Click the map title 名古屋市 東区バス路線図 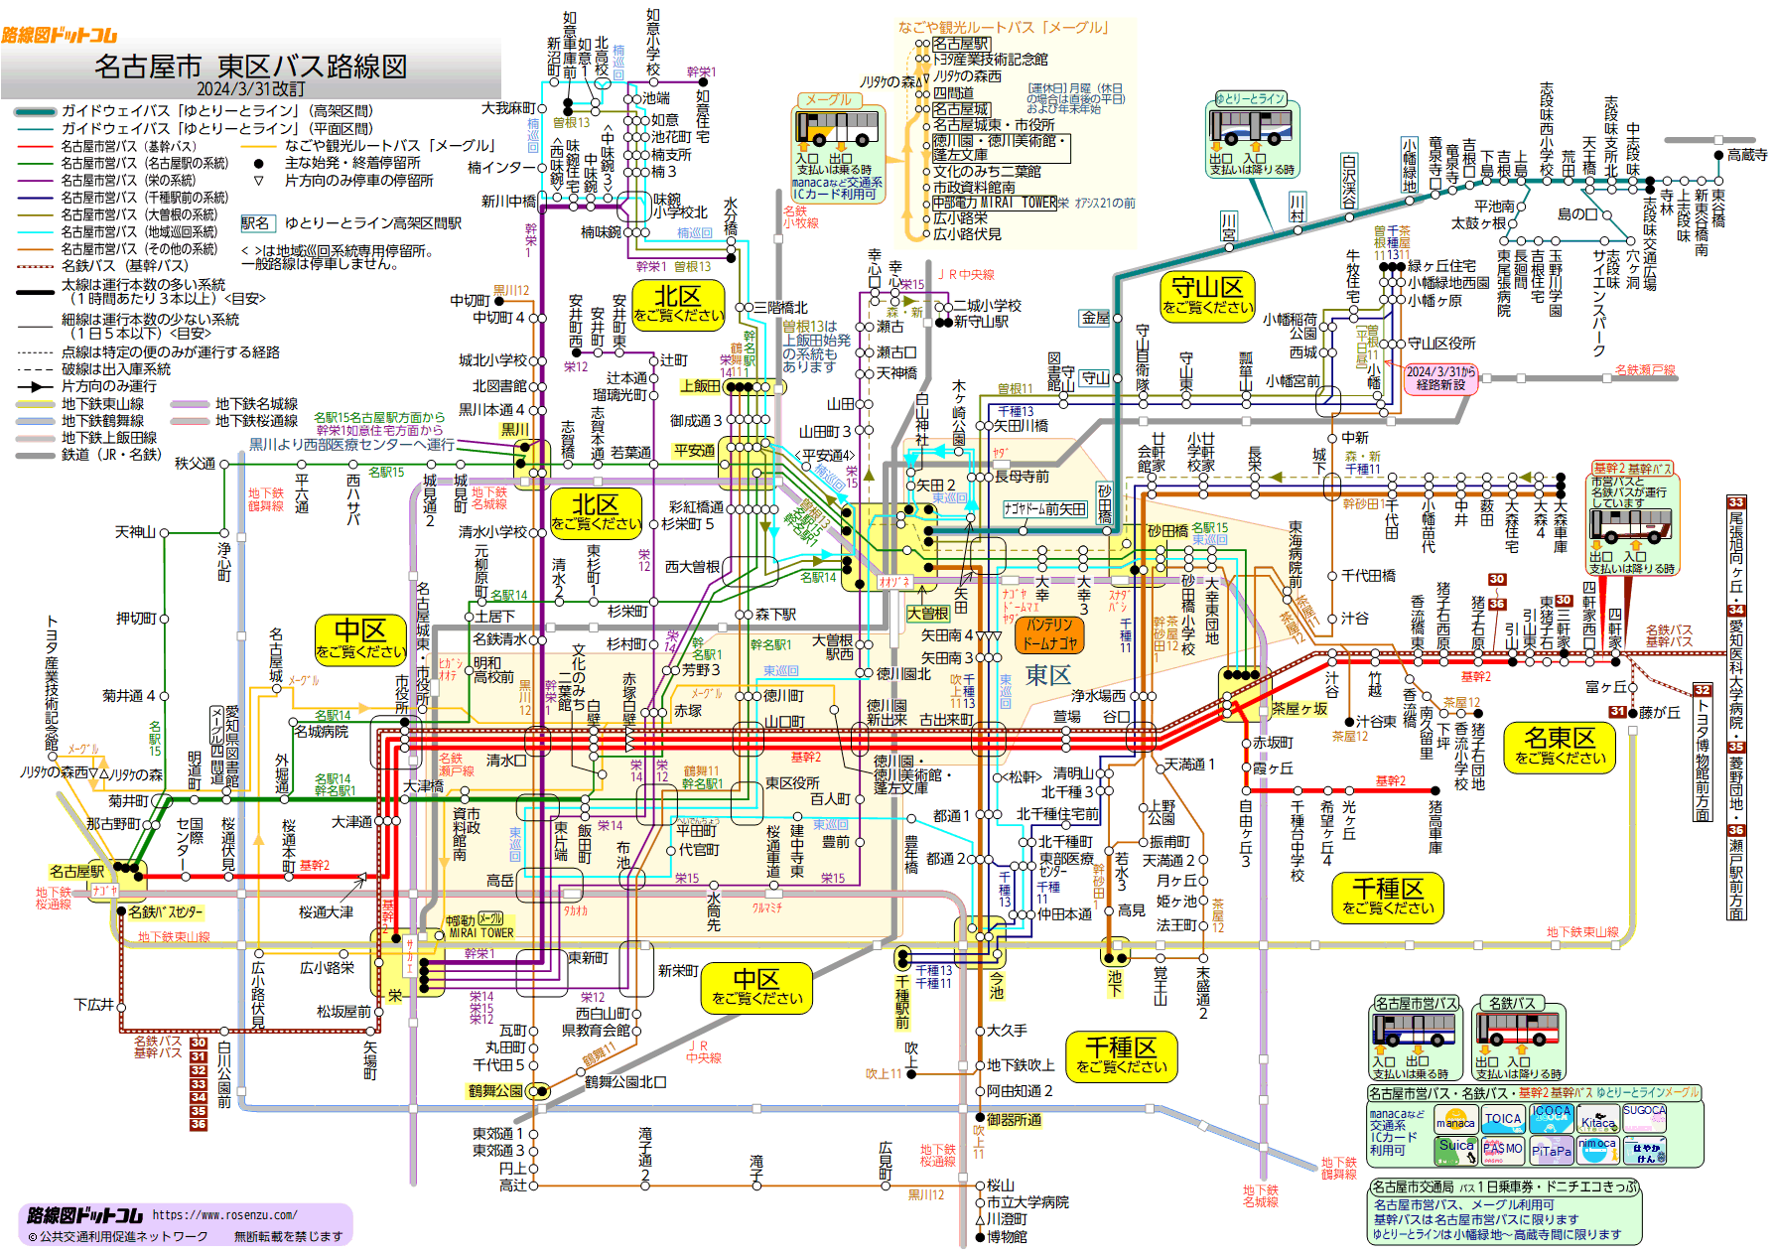coord(250,67)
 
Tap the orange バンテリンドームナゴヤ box coord(1050,633)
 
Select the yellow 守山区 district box coord(1207,296)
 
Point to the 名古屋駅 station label coord(77,871)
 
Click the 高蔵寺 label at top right coord(1747,155)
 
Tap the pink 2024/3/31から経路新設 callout coord(1440,378)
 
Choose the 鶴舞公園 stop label coord(495,1090)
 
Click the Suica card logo coord(1455,1150)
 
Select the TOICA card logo coord(1502,1120)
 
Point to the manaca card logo coord(1455,1121)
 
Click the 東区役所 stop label coord(792,782)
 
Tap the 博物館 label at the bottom coord(1007,1236)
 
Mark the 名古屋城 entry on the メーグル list coord(960,109)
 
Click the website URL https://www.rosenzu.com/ coord(224,1214)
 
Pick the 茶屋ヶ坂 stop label coord(1299,708)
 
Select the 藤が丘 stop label coord(1659,712)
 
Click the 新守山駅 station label coord(981,322)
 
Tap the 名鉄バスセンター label coord(165,911)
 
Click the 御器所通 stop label coord(1014,1119)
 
